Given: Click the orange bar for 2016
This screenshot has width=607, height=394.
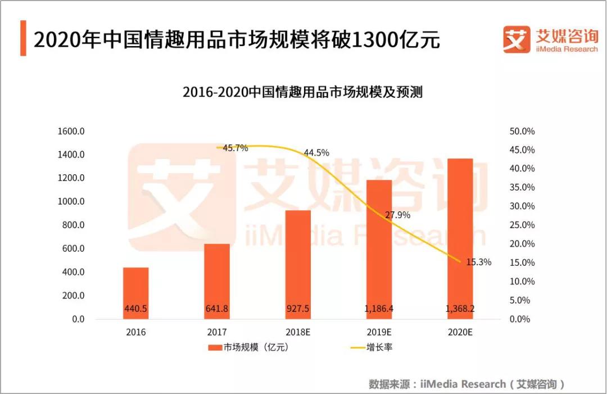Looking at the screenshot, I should click(136, 293).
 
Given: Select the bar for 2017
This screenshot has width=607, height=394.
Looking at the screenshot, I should click(217, 281).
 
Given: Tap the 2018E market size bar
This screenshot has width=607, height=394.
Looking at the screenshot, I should click(298, 264).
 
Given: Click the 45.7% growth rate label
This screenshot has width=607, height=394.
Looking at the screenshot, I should click(235, 148).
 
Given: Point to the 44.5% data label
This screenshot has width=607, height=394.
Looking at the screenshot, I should click(316, 153).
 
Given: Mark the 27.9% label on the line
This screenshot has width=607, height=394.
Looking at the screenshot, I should click(397, 215).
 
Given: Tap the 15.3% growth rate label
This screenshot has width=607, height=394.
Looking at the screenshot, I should click(478, 262).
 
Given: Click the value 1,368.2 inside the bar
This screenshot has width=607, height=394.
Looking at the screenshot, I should click(460, 308).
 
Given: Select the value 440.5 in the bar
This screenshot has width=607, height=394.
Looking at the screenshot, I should click(136, 308).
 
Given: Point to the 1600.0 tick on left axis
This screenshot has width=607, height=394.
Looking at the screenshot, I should click(71, 132).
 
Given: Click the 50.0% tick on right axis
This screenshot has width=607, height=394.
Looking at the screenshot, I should click(522, 132).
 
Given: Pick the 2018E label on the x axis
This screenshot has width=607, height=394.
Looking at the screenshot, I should click(298, 332).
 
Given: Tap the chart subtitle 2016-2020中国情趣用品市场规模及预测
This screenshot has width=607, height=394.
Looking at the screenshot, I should click(302, 92).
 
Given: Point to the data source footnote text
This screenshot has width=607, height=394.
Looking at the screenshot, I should click(466, 384).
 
